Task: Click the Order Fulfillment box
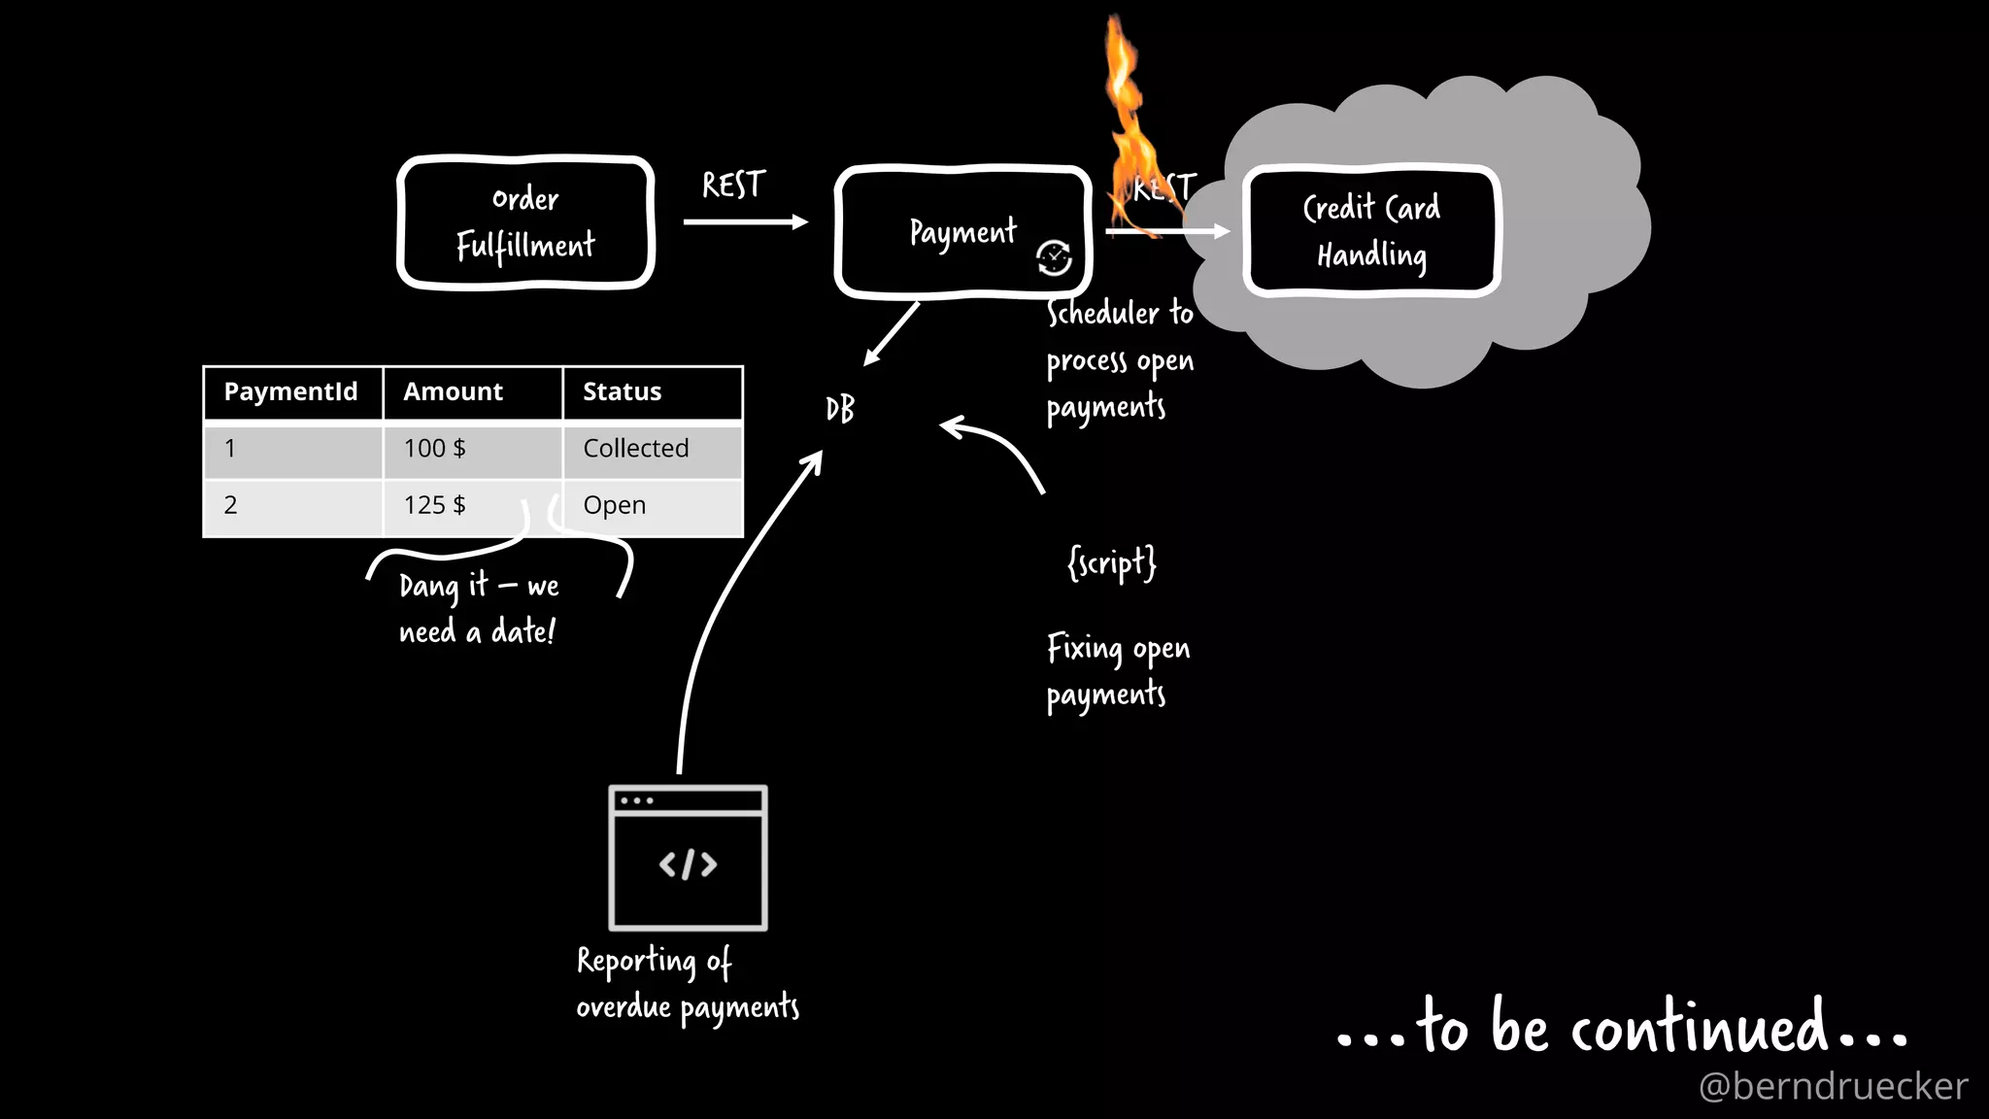[x=525, y=222]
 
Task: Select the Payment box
[x=961, y=232]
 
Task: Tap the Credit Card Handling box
[x=1371, y=231]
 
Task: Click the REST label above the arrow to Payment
[x=733, y=185]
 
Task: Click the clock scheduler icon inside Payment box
[x=1054, y=257]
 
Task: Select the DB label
[x=840, y=409]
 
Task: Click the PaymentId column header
[x=291, y=391]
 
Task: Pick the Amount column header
[x=454, y=391]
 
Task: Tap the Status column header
[x=622, y=391]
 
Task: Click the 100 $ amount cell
[x=435, y=449]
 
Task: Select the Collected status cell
[x=636, y=449]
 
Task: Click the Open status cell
[x=615, y=505]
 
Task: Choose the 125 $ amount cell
[x=435, y=505]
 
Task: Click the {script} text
[x=1112, y=562]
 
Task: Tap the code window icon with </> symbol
[x=688, y=859]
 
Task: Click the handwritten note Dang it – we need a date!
[x=479, y=608]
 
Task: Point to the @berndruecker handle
[x=1833, y=1086]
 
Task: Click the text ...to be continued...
[x=1622, y=1028]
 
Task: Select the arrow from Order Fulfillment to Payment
[x=745, y=222]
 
